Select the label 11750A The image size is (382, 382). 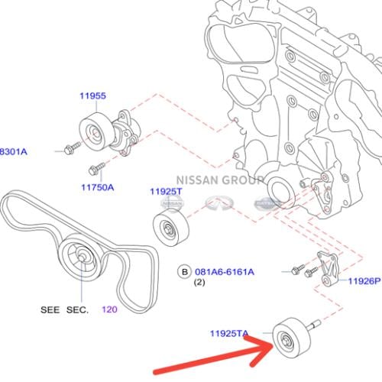click(97, 186)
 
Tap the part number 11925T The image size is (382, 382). click(166, 192)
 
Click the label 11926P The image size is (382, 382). click(364, 281)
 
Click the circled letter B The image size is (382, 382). click(183, 271)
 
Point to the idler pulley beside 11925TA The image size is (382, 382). click(288, 336)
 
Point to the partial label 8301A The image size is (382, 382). click(12, 151)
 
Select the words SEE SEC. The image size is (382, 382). click(64, 310)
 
